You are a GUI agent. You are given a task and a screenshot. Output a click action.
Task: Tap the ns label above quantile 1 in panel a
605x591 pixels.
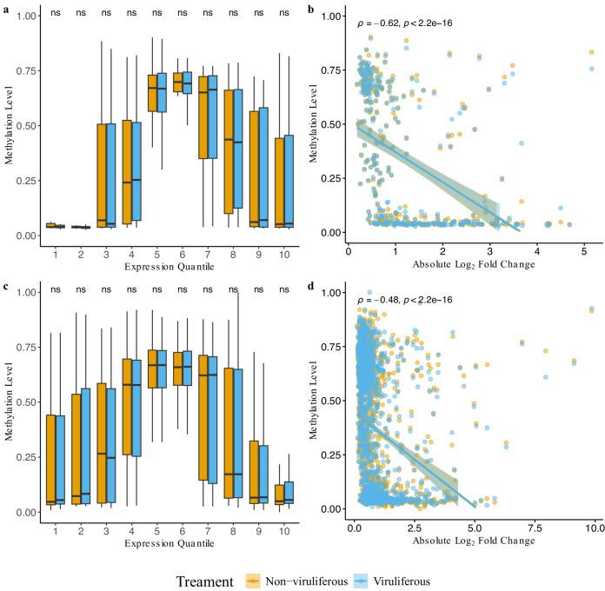point(55,13)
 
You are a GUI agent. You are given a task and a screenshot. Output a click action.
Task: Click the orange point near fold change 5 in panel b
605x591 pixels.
point(591,53)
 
